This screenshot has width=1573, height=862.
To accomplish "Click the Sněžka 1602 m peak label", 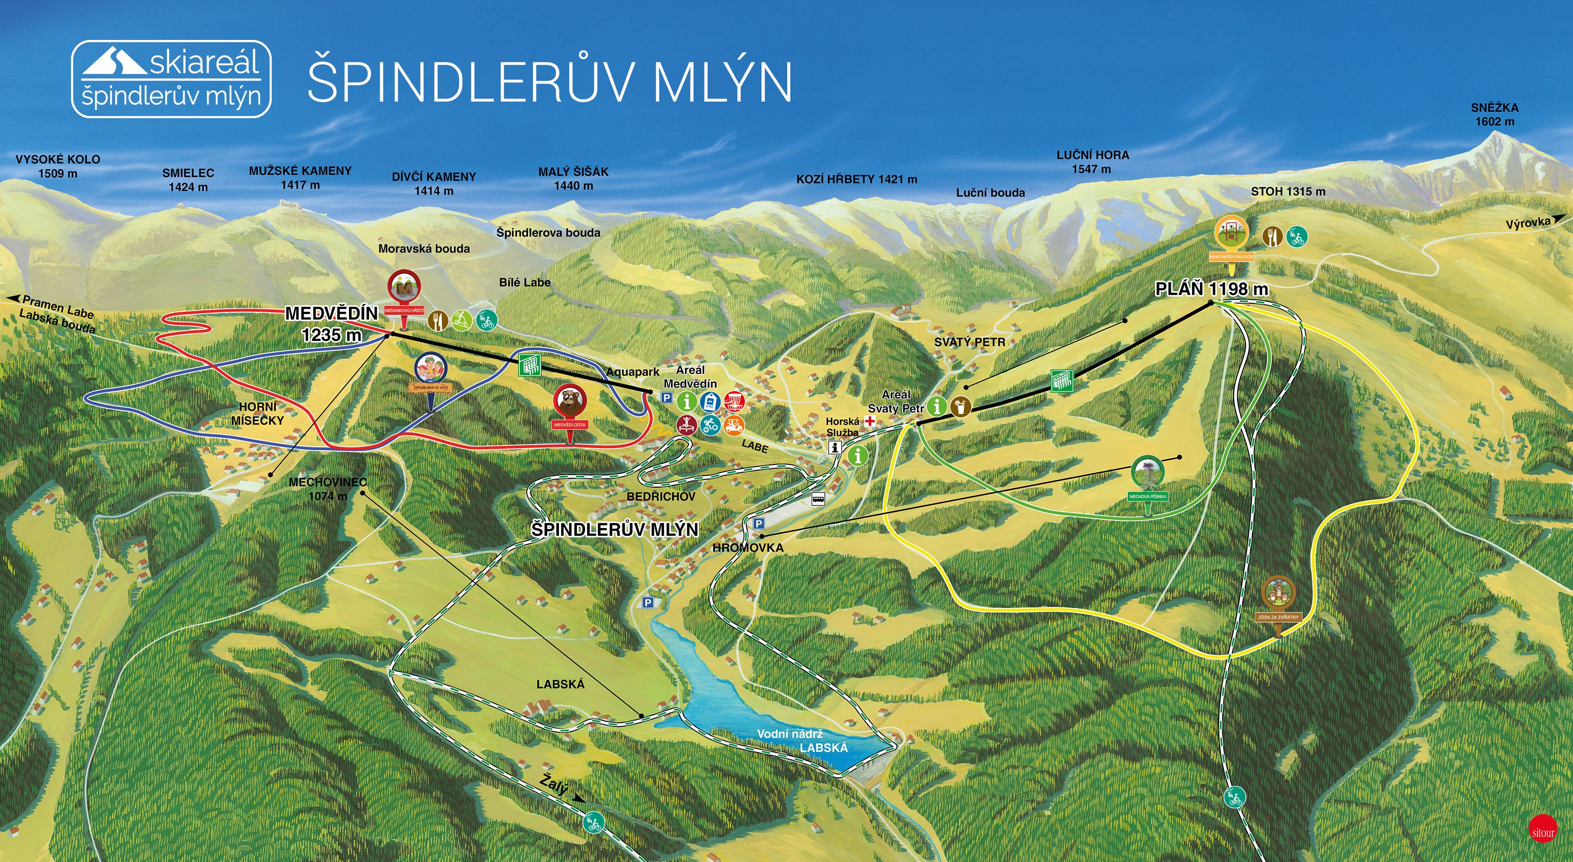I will point(1494,114).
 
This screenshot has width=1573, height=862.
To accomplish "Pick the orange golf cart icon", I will point(734,425).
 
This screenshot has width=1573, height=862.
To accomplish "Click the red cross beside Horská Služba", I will point(870,421).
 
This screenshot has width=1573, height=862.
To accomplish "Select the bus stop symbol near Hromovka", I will point(818,499).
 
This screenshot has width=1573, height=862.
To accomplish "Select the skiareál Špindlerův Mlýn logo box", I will point(171,79).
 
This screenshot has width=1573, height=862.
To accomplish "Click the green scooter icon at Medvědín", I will point(462,319).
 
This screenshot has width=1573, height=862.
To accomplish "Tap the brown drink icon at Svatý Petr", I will point(960,406).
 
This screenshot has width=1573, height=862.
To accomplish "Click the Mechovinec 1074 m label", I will point(328,489).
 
